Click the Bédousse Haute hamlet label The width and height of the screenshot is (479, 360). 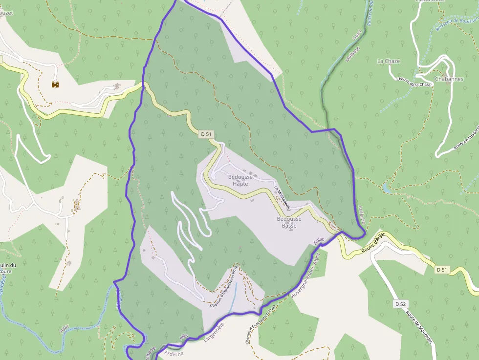pyautogui.click(x=240, y=180)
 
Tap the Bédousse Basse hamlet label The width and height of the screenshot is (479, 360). pyautogui.click(x=289, y=222)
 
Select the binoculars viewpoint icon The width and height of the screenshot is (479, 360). pyautogui.click(x=55, y=85)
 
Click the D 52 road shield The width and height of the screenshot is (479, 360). pyautogui.click(x=400, y=304)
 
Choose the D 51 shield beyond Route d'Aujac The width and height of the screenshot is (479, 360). pyautogui.click(x=442, y=270)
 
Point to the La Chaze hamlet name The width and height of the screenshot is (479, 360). pyautogui.click(x=389, y=61)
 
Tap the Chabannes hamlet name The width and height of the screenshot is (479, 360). pyautogui.click(x=449, y=79)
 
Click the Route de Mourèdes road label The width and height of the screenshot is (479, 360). pyautogui.click(x=419, y=326)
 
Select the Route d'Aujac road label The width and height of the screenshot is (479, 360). pyautogui.click(x=373, y=242)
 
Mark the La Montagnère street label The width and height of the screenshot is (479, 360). pyautogui.click(x=282, y=198)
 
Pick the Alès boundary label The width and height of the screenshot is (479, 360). pyautogui.click(x=183, y=337)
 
